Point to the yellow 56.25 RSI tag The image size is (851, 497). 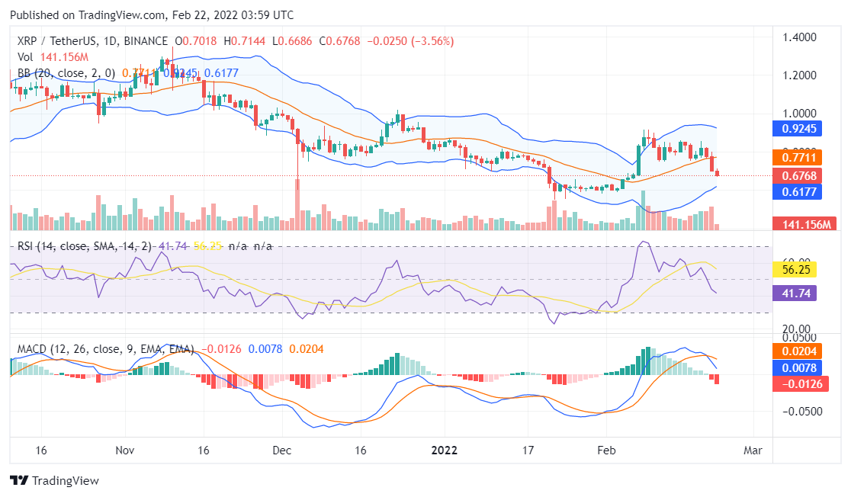[x=795, y=269]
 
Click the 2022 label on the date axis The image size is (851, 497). [x=444, y=450]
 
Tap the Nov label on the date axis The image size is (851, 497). [x=126, y=450]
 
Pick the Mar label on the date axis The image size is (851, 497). [x=753, y=450]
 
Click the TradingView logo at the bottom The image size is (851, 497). [x=54, y=481]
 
